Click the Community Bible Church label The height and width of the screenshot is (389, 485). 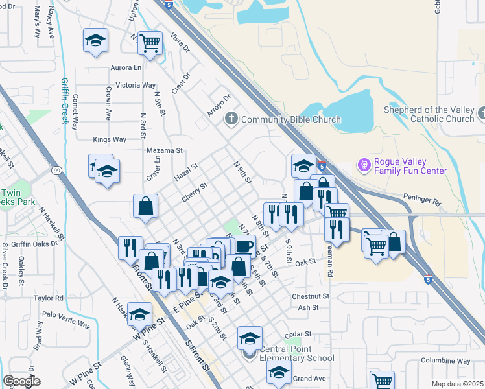point(290,119)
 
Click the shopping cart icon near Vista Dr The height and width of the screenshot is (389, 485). point(150,43)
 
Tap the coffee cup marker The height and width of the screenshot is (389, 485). point(244,246)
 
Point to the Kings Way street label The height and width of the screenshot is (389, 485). point(110,139)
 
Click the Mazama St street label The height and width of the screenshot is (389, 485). point(165,150)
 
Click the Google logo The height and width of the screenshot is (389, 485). point(22,381)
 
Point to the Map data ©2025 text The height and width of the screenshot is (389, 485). point(457,384)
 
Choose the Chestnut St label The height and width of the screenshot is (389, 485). point(311,296)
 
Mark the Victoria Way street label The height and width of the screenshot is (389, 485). point(136,85)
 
